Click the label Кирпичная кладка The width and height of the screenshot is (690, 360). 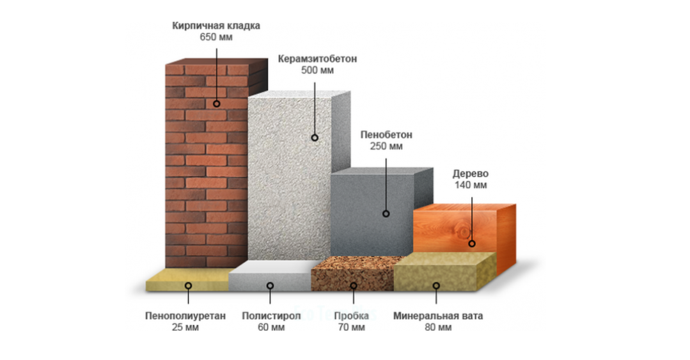216,26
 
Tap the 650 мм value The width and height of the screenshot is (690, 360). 216,37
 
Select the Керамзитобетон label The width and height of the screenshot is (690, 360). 317,59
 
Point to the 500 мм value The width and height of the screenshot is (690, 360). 317,70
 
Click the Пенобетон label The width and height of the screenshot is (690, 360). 386,135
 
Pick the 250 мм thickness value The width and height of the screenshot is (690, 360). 386,146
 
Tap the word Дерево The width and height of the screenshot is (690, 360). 471,174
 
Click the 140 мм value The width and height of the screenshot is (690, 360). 471,185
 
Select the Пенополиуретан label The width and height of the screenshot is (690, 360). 185,315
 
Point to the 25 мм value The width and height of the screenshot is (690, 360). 185,327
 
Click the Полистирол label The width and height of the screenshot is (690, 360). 272,315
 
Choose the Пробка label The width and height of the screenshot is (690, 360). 351,315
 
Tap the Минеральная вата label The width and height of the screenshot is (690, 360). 438,315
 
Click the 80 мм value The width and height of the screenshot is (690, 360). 438,327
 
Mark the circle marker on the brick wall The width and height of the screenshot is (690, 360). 217,104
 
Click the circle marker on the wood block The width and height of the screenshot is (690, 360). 472,244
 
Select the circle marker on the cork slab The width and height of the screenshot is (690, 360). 354,286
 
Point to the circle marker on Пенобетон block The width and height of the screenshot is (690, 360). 386,214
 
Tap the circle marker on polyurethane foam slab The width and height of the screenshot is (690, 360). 189,286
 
